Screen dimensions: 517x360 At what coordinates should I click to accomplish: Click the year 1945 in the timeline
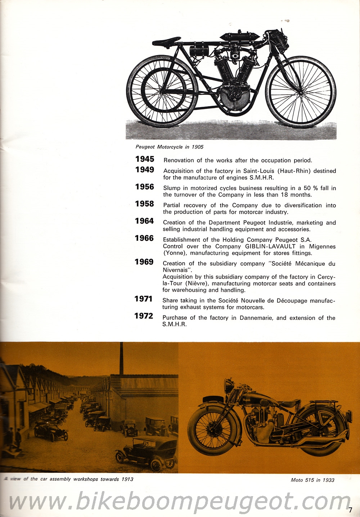tap(145, 159)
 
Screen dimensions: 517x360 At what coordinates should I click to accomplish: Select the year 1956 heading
tap(145, 187)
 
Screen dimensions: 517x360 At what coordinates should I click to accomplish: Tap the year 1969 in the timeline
tap(144, 262)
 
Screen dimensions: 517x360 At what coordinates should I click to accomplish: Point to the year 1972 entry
tap(144, 316)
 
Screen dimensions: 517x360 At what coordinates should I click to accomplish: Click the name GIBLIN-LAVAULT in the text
tap(270, 246)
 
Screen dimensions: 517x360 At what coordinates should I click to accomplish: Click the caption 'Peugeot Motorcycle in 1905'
tap(169, 147)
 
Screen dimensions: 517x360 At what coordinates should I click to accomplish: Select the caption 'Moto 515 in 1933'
tap(312, 480)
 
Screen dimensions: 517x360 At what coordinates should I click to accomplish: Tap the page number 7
tap(350, 509)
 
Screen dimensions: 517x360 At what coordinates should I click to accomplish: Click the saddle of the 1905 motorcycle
tap(166, 41)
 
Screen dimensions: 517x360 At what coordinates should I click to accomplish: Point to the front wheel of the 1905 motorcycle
tap(301, 92)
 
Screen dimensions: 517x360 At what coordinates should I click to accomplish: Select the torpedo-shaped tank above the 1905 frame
tap(239, 37)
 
